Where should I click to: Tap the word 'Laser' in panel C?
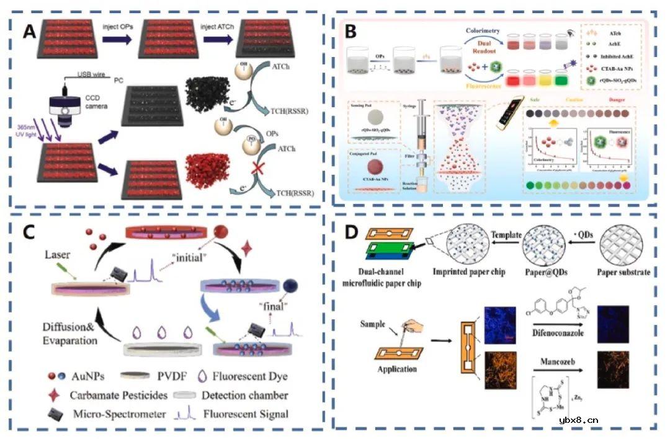pos(59,255)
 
